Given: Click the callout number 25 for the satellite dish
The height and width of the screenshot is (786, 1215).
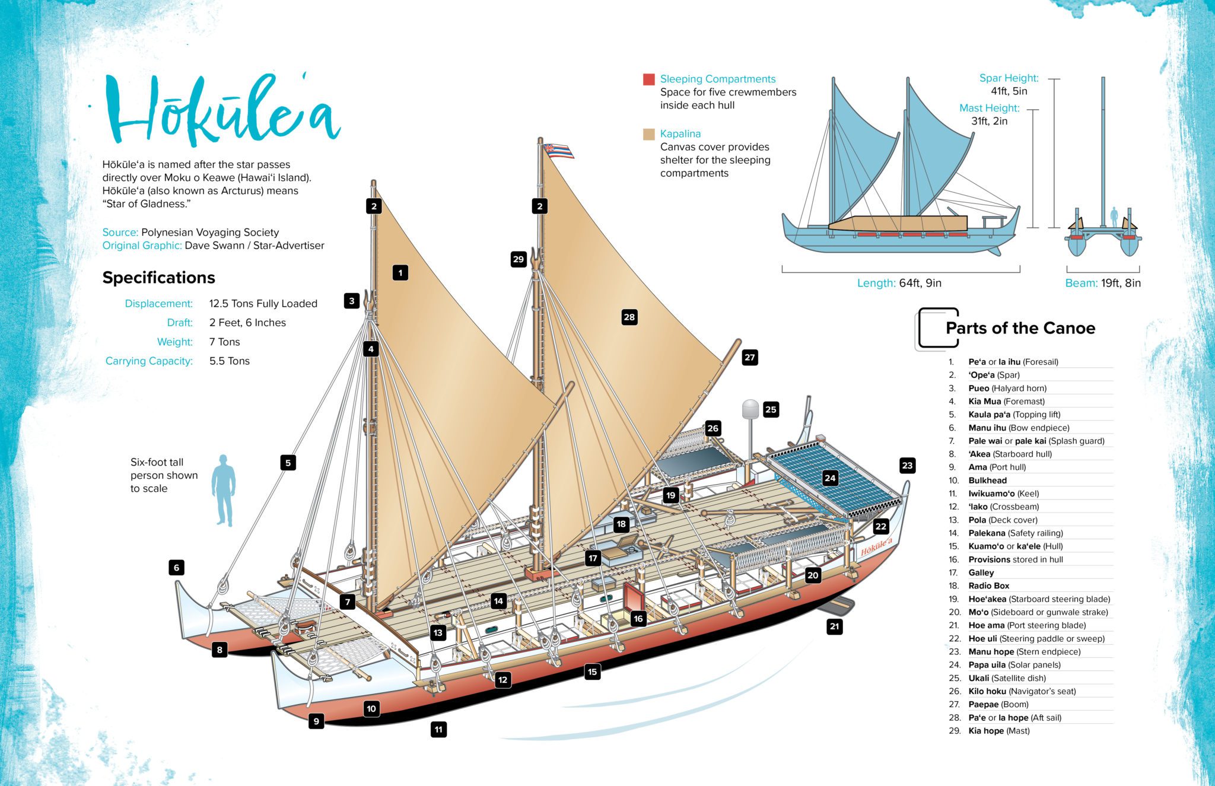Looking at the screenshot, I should pyautogui.click(x=771, y=409).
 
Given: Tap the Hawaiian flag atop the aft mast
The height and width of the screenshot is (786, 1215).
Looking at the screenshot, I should pyautogui.click(x=558, y=151).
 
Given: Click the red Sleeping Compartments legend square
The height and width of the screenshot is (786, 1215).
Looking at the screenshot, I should pyautogui.click(x=648, y=79).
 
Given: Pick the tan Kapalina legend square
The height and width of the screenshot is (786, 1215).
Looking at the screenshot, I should pyautogui.click(x=648, y=134).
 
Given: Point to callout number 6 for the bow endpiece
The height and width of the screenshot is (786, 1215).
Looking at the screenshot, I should pyautogui.click(x=176, y=568).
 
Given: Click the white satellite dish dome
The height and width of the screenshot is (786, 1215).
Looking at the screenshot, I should pyautogui.click(x=750, y=409).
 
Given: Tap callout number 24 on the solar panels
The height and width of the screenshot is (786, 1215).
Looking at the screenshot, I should pyautogui.click(x=830, y=478).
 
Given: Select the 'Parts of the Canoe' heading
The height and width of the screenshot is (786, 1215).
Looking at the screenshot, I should pyautogui.click(x=1020, y=328).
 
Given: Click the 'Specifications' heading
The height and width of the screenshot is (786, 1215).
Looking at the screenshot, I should pyautogui.click(x=158, y=278).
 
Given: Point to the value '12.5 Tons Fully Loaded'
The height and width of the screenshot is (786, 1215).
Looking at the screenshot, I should pyautogui.click(x=263, y=304).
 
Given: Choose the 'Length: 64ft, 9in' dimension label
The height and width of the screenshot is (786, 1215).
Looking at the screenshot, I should pyautogui.click(x=899, y=283).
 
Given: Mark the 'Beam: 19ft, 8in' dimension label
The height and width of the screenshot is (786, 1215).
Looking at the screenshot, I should pyautogui.click(x=1102, y=283).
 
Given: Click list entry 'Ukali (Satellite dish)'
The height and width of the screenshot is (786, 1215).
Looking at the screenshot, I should pyautogui.click(x=1007, y=678).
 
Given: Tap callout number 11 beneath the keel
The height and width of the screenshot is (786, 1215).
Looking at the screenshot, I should pyautogui.click(x=438, y=729).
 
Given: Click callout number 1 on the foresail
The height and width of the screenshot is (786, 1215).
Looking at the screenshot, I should pyautogui.click(x=400, y=273).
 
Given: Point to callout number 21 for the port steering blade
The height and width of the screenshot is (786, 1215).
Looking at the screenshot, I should pyautogui.click(x=835, y=626).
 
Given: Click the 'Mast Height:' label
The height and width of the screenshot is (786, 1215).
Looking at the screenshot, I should pyautogui.click(x=989, y=108).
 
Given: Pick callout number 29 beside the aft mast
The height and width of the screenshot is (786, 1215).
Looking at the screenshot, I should pyautogui.click(x=519, y=259).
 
